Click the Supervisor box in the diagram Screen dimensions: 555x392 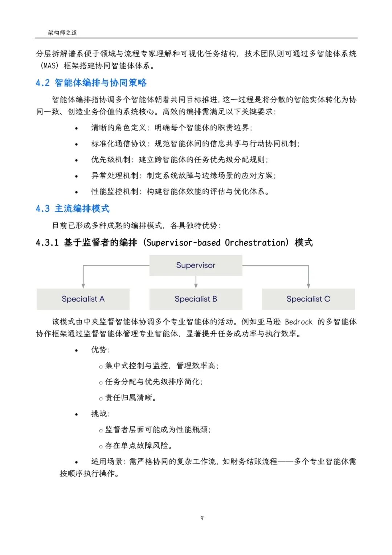click(196, 265)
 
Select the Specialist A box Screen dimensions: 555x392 click(83, 299)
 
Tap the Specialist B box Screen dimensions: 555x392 click(196, 299)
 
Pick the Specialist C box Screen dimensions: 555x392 click(308, 299)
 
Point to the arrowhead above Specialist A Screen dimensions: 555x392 click(83, 286)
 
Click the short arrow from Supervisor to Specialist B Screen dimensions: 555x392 click(196, 282)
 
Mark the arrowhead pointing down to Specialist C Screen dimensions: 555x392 click(309, 286)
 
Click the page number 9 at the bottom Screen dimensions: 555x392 click(202, 518)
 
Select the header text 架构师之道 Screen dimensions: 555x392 click(62, 33)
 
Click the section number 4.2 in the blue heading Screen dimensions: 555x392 click(42, 83)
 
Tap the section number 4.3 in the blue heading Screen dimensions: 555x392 click(42, 209)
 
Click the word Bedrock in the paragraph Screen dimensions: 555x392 click(298, 322)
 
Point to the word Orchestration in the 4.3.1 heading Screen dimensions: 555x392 click(257, 243)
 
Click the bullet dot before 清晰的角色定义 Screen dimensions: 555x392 click(77, 128)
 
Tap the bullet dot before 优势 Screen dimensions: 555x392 click(77, 350)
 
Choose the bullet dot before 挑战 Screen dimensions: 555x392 click(77, 414)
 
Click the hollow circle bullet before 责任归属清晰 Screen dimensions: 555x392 click(101, 399)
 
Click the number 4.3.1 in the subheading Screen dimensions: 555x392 click(47, 243)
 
